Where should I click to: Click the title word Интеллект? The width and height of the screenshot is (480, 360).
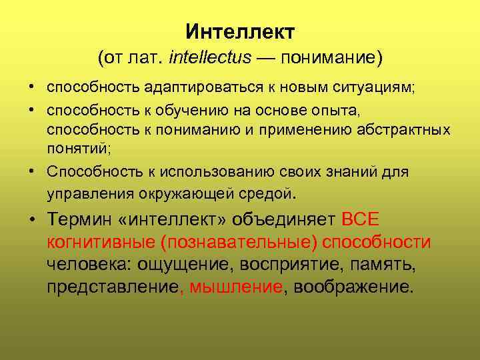click(240, 31)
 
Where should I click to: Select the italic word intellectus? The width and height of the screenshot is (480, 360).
click(210, 58)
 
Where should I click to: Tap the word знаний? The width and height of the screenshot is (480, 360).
click(347, 172)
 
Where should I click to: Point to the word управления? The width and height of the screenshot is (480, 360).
click(91, 194)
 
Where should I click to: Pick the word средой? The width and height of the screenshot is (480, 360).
click(266, 194)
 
